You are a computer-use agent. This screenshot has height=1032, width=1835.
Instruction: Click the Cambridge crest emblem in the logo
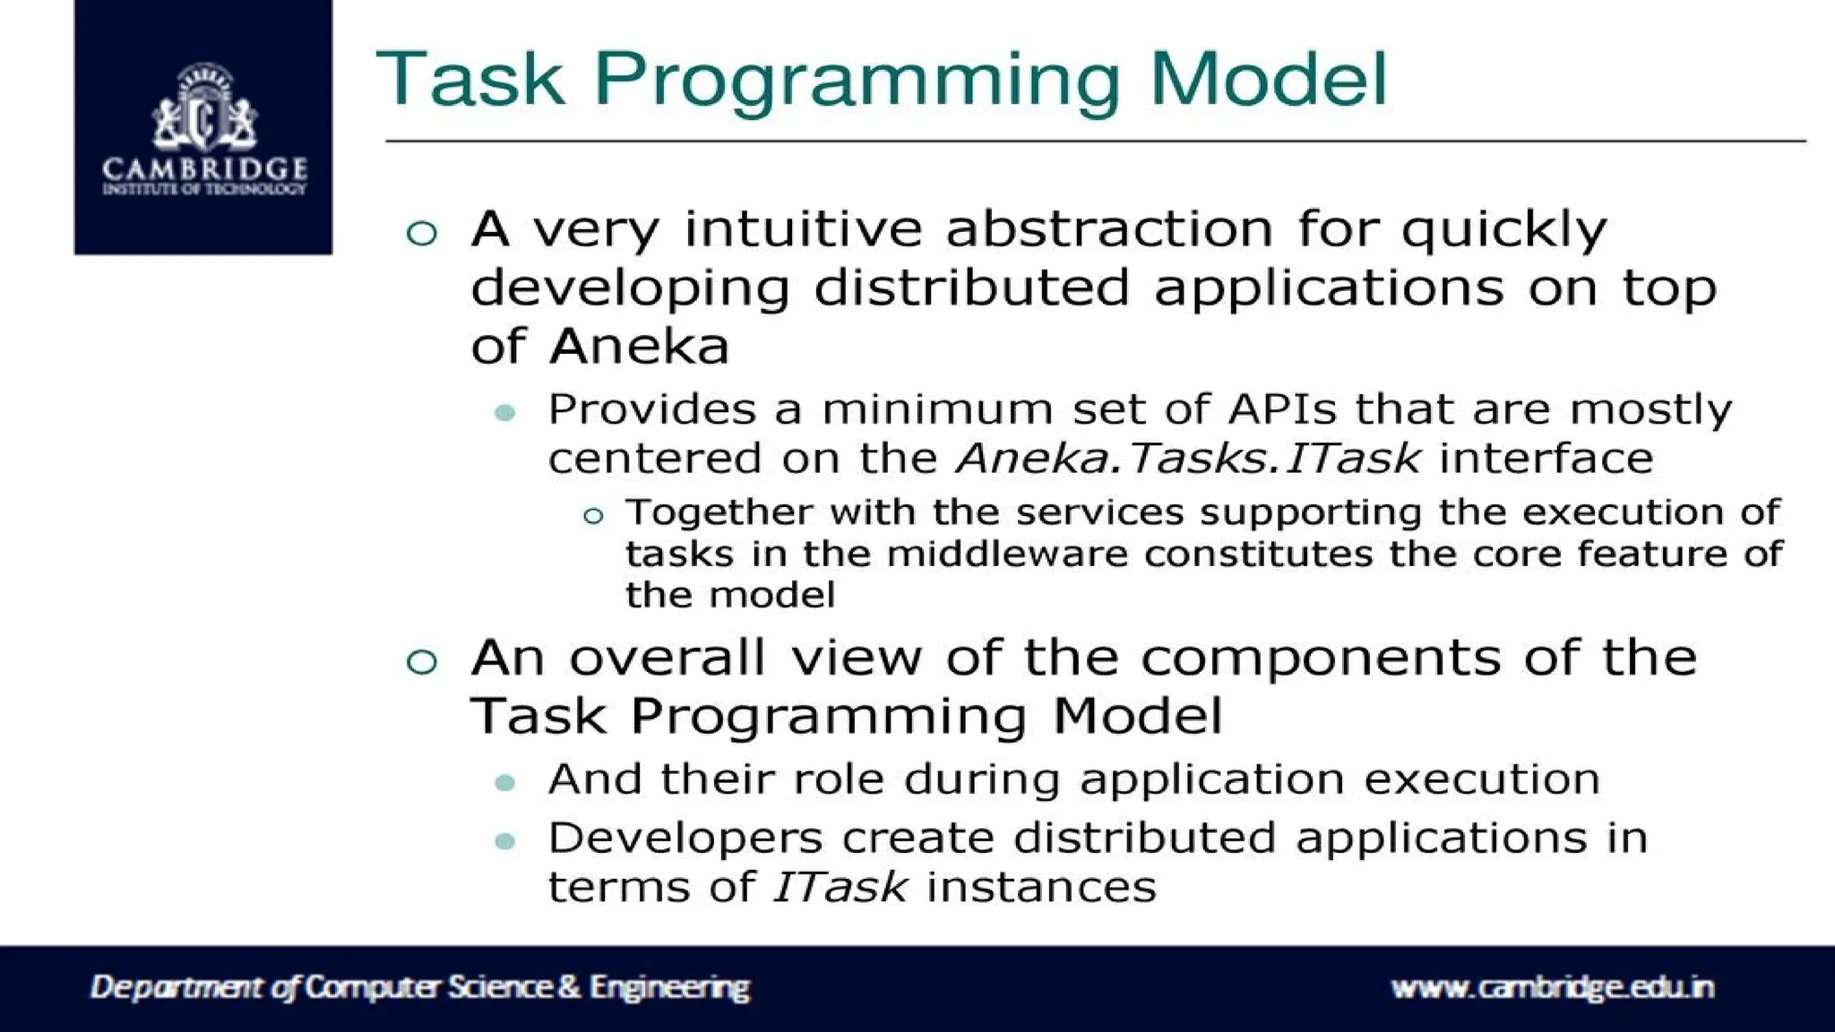[204, 109]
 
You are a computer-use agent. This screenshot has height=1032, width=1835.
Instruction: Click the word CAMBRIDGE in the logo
[204, 169]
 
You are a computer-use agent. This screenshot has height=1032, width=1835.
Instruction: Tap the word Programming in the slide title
[857, 81]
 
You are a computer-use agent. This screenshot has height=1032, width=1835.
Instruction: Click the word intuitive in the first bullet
[803, 229]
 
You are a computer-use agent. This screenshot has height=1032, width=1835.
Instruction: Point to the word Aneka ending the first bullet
[640, 347]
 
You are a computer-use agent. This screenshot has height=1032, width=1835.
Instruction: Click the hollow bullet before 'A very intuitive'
[421, 234]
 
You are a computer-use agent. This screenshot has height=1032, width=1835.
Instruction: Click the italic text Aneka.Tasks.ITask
[1188, 459]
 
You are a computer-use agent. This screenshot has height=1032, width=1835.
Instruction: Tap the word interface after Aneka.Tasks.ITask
[1546, 459]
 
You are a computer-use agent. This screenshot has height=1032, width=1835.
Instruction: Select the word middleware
[1007, 554]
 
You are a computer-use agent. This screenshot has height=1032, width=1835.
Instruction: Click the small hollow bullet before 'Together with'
[592, 516]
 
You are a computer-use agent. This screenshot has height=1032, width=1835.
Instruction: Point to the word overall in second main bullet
[668, 658]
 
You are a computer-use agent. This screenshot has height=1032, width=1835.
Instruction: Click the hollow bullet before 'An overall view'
[421, 662]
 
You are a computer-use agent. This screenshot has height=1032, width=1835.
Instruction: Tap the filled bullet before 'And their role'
[505, 783]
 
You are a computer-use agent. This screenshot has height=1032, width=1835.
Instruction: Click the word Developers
[685, 838]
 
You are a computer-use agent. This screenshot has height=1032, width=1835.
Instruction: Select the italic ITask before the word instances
[840, 888]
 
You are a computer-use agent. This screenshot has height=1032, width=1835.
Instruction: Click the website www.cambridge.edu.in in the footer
[1552, 987]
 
